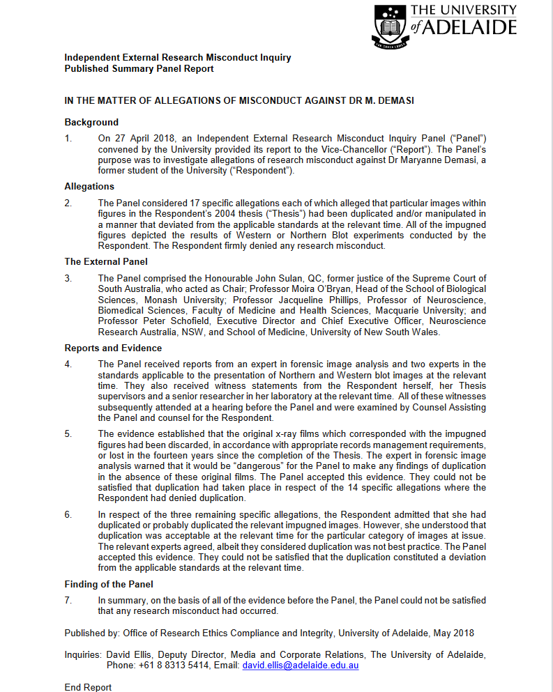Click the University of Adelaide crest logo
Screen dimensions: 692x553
[x=391, y=27]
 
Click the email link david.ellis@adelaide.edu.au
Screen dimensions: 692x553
[x=301, y=666]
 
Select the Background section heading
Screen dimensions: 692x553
[x=91, y=122]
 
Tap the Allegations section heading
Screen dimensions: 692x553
[x=89, y=186]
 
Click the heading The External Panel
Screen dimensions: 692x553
[x=106, y=261]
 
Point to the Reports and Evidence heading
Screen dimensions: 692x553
[x=113, y=348]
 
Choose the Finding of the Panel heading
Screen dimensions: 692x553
[x=109, y=584]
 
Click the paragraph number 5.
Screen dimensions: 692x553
[x=68, y=433]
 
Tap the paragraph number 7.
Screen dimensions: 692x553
[x=68, y=600]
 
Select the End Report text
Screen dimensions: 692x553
[x=88, y=687]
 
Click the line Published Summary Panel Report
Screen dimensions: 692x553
[x=139, y=68]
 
